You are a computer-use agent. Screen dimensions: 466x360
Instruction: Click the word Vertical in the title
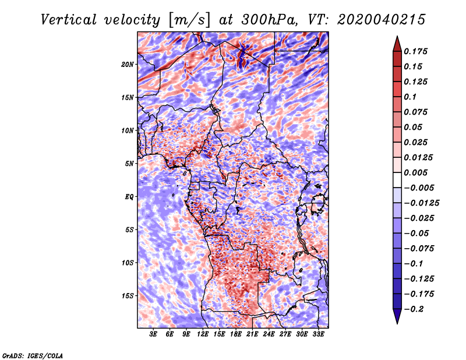(69, 20)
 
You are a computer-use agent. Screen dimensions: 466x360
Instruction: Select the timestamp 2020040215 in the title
(382, 20)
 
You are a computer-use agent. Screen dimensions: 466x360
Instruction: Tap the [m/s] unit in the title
(189, 20)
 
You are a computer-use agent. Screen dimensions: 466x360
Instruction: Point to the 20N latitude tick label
(128, 65)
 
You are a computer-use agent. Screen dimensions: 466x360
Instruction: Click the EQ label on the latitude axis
(129, 197)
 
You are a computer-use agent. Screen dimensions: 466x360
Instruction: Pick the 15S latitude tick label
(128, 296)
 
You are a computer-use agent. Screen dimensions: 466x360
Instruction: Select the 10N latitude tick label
(128, 130)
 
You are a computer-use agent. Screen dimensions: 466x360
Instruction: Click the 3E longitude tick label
(153, 334)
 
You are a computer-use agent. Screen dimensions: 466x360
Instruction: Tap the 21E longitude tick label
(252, 334)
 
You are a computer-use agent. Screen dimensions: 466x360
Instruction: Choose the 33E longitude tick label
(318, 334)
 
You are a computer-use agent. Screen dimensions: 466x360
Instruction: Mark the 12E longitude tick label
(203, 334)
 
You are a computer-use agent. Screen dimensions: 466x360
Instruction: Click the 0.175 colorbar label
(415, 51)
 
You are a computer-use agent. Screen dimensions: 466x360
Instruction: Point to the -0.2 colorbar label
(414, 309)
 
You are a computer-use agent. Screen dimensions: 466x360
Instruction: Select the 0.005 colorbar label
(415, 172)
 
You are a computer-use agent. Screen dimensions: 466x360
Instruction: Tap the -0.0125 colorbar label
(421, 203)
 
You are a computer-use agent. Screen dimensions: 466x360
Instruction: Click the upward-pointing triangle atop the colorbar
(397, 44)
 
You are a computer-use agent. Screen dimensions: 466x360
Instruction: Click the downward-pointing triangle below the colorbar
(397, 316)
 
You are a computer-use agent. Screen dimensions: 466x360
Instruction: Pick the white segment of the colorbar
(397, 180)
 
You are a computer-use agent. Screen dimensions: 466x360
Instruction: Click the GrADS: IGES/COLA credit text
(33, 355)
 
